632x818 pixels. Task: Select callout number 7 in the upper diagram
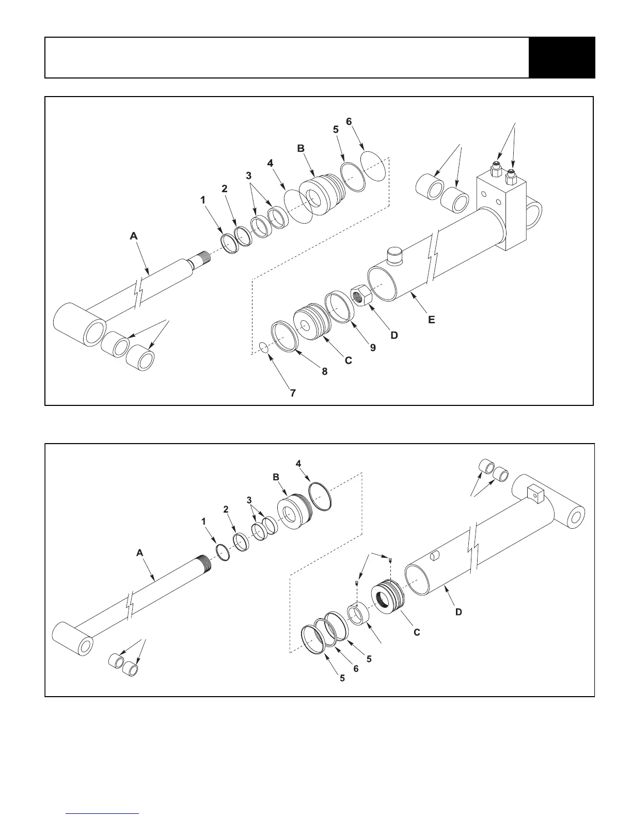tap(293, 393)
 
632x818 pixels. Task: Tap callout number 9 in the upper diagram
tap(373, 348)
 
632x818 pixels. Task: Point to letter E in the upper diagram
tap(432, 320)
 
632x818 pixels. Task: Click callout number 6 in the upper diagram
tap(349, 121)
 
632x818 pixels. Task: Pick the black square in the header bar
tap(562, 57)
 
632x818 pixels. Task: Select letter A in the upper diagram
tap(134, 235)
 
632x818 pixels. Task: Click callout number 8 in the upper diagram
tap(325, 371)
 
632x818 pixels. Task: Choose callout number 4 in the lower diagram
tap(298, 463)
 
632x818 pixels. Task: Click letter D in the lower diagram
tap(458, 612)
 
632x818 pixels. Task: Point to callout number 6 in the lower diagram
tap(356, 668)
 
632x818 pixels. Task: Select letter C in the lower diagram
tap(417, 632)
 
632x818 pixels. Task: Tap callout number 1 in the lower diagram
tap(204, 522)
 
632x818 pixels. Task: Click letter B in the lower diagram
tap(276, 477)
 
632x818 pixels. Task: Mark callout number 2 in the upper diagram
tap(225, 188)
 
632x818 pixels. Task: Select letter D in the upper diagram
tap(394, 335)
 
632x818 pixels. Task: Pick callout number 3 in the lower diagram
tap(249, 500)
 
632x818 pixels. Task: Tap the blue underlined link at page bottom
tap(103, 813)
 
